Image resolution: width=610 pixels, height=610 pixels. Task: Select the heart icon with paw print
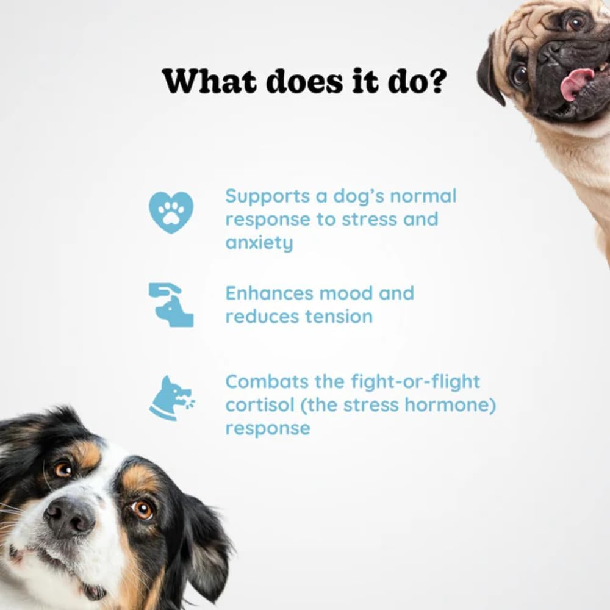point(171,212)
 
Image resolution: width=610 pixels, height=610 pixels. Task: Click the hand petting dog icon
point(171,304)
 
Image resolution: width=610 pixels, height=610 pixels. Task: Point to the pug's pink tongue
point(575,84)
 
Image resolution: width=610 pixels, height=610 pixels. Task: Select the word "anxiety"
point(259,243)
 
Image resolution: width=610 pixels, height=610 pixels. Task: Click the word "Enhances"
point(269,293)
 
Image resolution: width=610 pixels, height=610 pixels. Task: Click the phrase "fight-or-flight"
point(415,382)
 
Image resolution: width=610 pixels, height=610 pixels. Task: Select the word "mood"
point(346,293)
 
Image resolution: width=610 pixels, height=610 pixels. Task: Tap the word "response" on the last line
point(268,428)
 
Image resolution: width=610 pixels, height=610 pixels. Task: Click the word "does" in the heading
point(295,81)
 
